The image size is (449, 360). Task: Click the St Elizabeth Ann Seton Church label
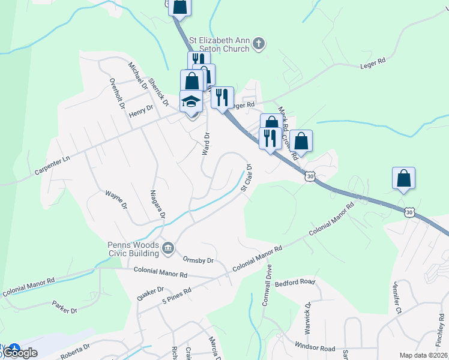[x=219, y=44]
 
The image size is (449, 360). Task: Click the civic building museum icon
[x=168, y=247]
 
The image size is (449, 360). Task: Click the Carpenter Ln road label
[x=58, y=161]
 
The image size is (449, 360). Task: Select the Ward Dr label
[x=206, y=143]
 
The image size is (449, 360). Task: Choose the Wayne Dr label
[x=116, y=199]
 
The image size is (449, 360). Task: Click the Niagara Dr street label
[x=157, y=205]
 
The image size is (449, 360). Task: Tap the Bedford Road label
[x=295, y=282]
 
